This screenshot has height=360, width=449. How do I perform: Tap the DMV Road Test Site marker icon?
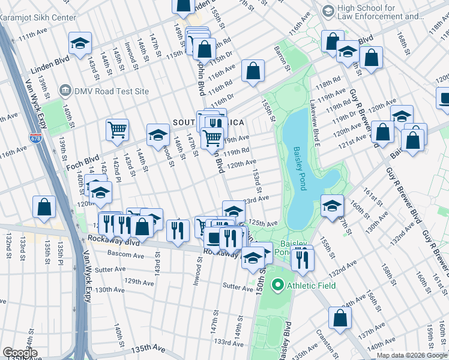pyautogui.click(x=65, y=91)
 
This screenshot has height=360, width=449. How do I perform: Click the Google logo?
pyautogui.click(x=20, y=353)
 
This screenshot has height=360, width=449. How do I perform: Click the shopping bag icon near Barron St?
pyautogui.click(x=253, y=70)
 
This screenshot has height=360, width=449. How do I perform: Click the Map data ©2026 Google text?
pyautogui.click(x=412, y=355)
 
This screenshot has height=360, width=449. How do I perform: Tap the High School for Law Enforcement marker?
pyautogui.click(x=328, y=11)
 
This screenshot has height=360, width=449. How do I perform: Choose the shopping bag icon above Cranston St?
pyautogui.click(x=340, y=319)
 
